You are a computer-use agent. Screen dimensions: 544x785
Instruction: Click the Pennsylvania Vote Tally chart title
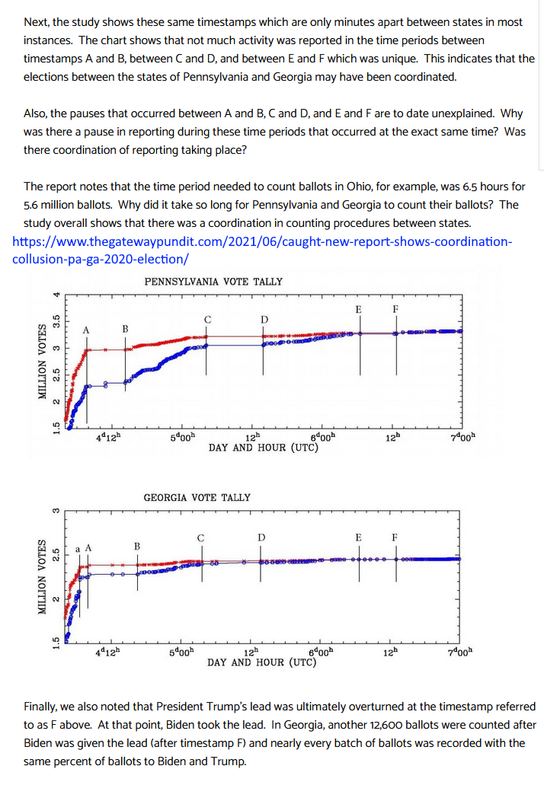[213, 282]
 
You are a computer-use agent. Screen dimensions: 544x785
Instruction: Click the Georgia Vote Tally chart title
[197, 498]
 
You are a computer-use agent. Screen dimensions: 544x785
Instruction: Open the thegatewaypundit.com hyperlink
[262, 250]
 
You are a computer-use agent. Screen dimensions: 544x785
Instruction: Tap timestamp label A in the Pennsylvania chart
[86, 330]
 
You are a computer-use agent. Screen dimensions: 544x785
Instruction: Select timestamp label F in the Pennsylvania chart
[395, 309]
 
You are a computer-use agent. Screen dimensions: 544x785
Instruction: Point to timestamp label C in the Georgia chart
[201, 538]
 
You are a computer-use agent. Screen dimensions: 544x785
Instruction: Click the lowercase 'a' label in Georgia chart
[78, 549]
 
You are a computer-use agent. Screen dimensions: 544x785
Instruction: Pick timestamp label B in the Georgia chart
[136, 546]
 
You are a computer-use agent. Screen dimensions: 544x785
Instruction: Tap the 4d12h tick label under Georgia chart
[107, 653]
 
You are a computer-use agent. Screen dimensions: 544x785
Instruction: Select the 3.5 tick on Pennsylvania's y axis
[56, 321]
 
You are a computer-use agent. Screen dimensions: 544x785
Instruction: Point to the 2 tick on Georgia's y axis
[56, 598]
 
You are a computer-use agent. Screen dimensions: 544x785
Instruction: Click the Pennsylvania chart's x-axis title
[264, 448]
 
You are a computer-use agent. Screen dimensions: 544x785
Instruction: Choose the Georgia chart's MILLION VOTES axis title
[43, 576]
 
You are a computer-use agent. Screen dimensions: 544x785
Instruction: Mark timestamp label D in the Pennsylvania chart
[264, 320]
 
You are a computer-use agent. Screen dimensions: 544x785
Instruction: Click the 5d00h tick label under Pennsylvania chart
[183, 437]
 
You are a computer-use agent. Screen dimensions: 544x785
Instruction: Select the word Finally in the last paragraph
[40, 707]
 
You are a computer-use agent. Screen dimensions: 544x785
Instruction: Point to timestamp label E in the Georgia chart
[358, 538]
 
